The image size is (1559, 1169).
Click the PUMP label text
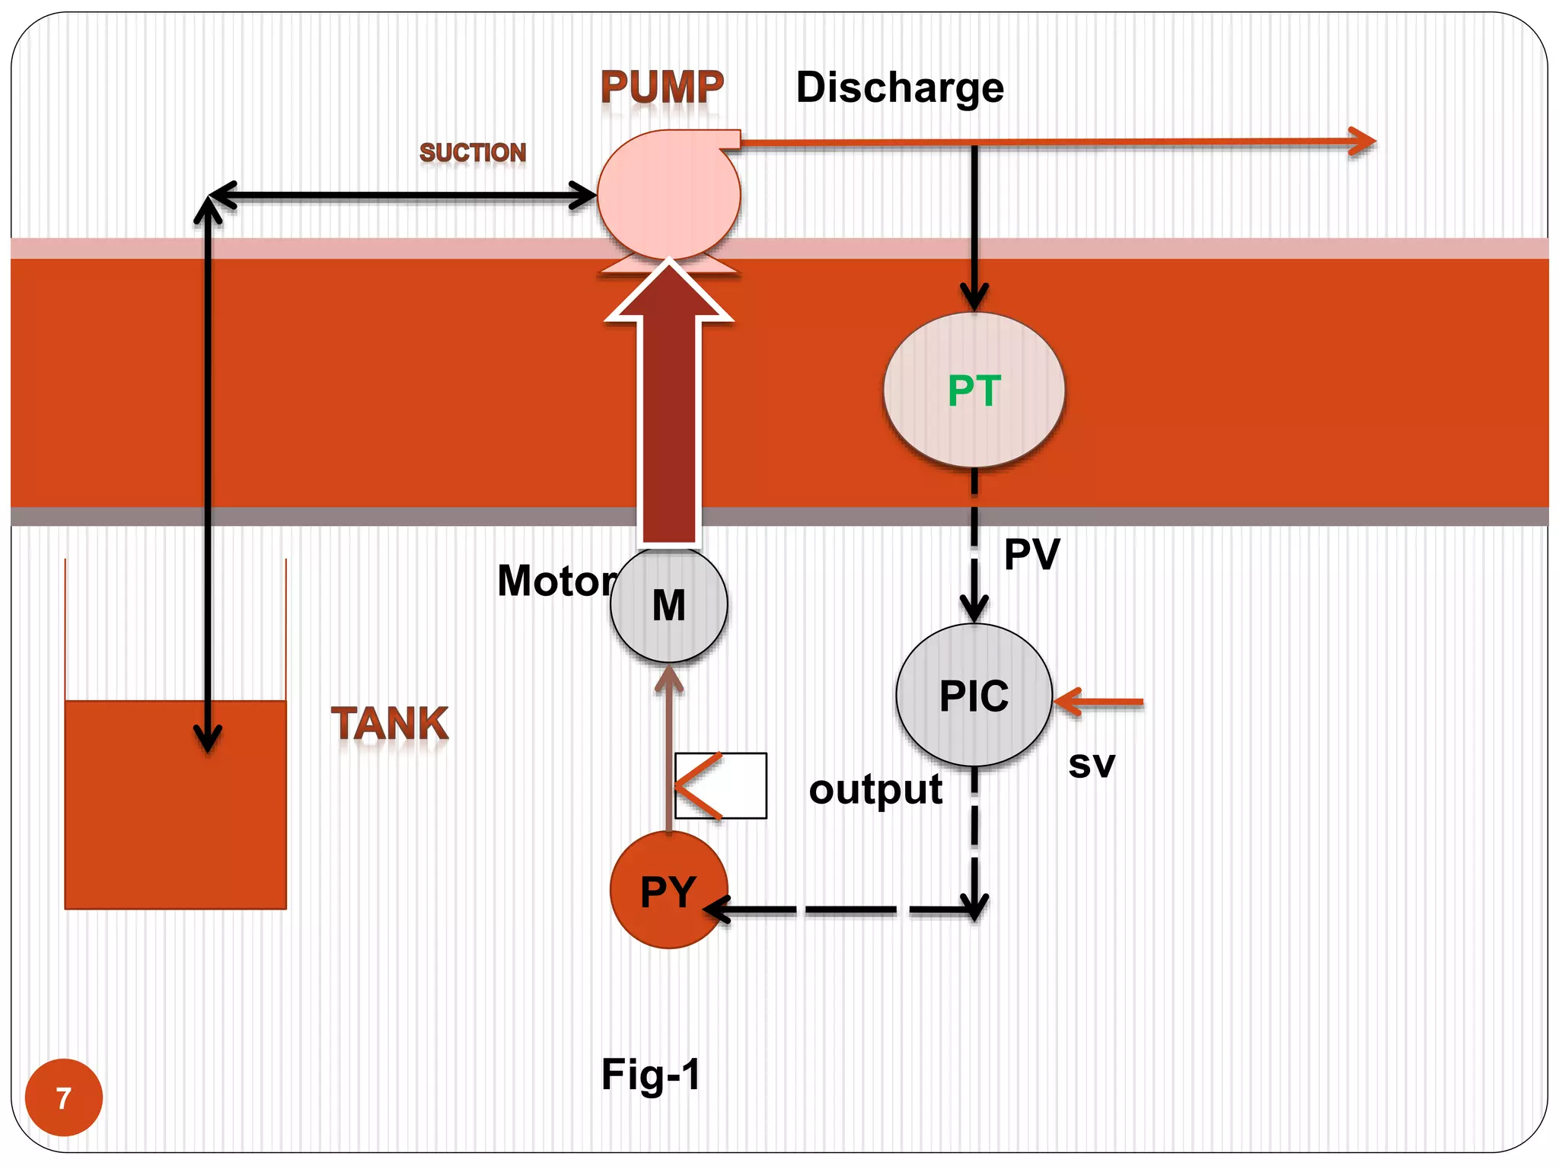(662, 88)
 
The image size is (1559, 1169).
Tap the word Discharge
(900, 88)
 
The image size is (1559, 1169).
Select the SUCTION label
(473, 152)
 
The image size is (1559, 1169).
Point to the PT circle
(974, 390)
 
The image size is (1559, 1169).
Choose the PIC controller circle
(974, 695)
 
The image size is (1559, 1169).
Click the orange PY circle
(668, 890)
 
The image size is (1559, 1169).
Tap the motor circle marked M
(668, 605)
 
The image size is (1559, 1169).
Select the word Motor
(556, 581)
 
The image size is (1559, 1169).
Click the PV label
(1031, 554)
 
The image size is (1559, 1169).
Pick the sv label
(1091, 764)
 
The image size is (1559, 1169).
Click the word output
(875, 789)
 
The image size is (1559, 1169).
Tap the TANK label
(390, 723)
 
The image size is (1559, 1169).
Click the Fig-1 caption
(651, 1074)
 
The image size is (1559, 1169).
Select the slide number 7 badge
(64, 1097)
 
